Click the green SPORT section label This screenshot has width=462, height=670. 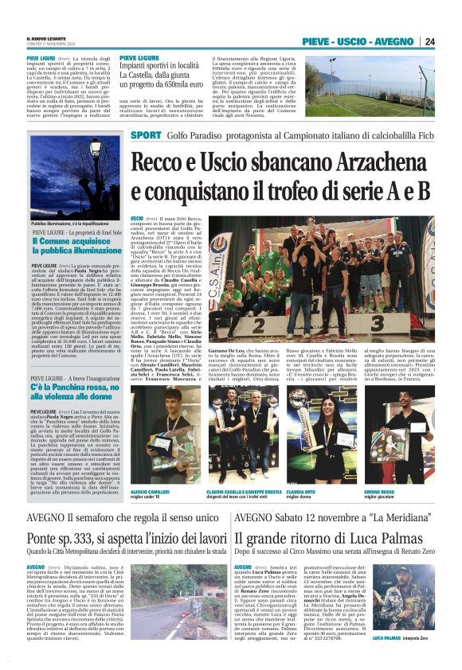pyautogui.click(x=145, y=135)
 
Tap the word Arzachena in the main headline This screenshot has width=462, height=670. pyautogui.click(x=374, y=162)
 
